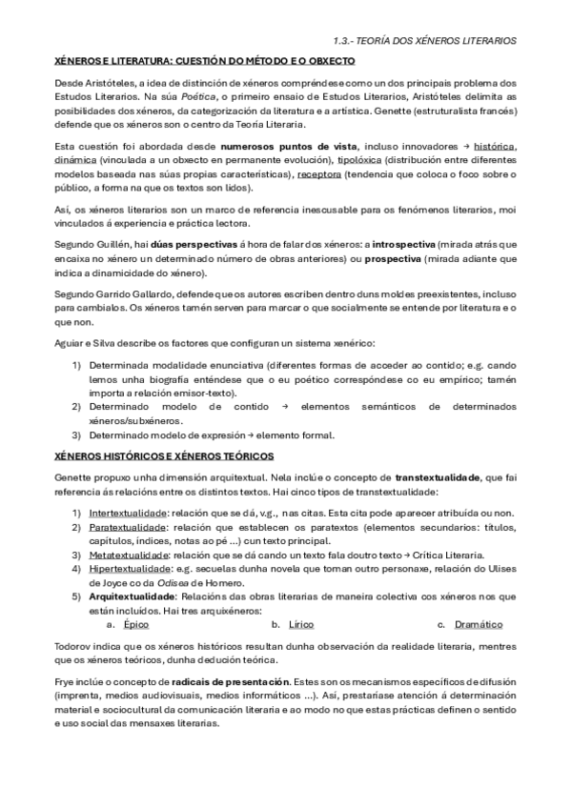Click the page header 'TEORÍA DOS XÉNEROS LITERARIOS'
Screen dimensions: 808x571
(x=439, y=41)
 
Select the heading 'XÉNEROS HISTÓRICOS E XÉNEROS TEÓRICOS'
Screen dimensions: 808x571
(x=164, y=455)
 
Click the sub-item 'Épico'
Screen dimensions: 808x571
(x=136, y=624)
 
